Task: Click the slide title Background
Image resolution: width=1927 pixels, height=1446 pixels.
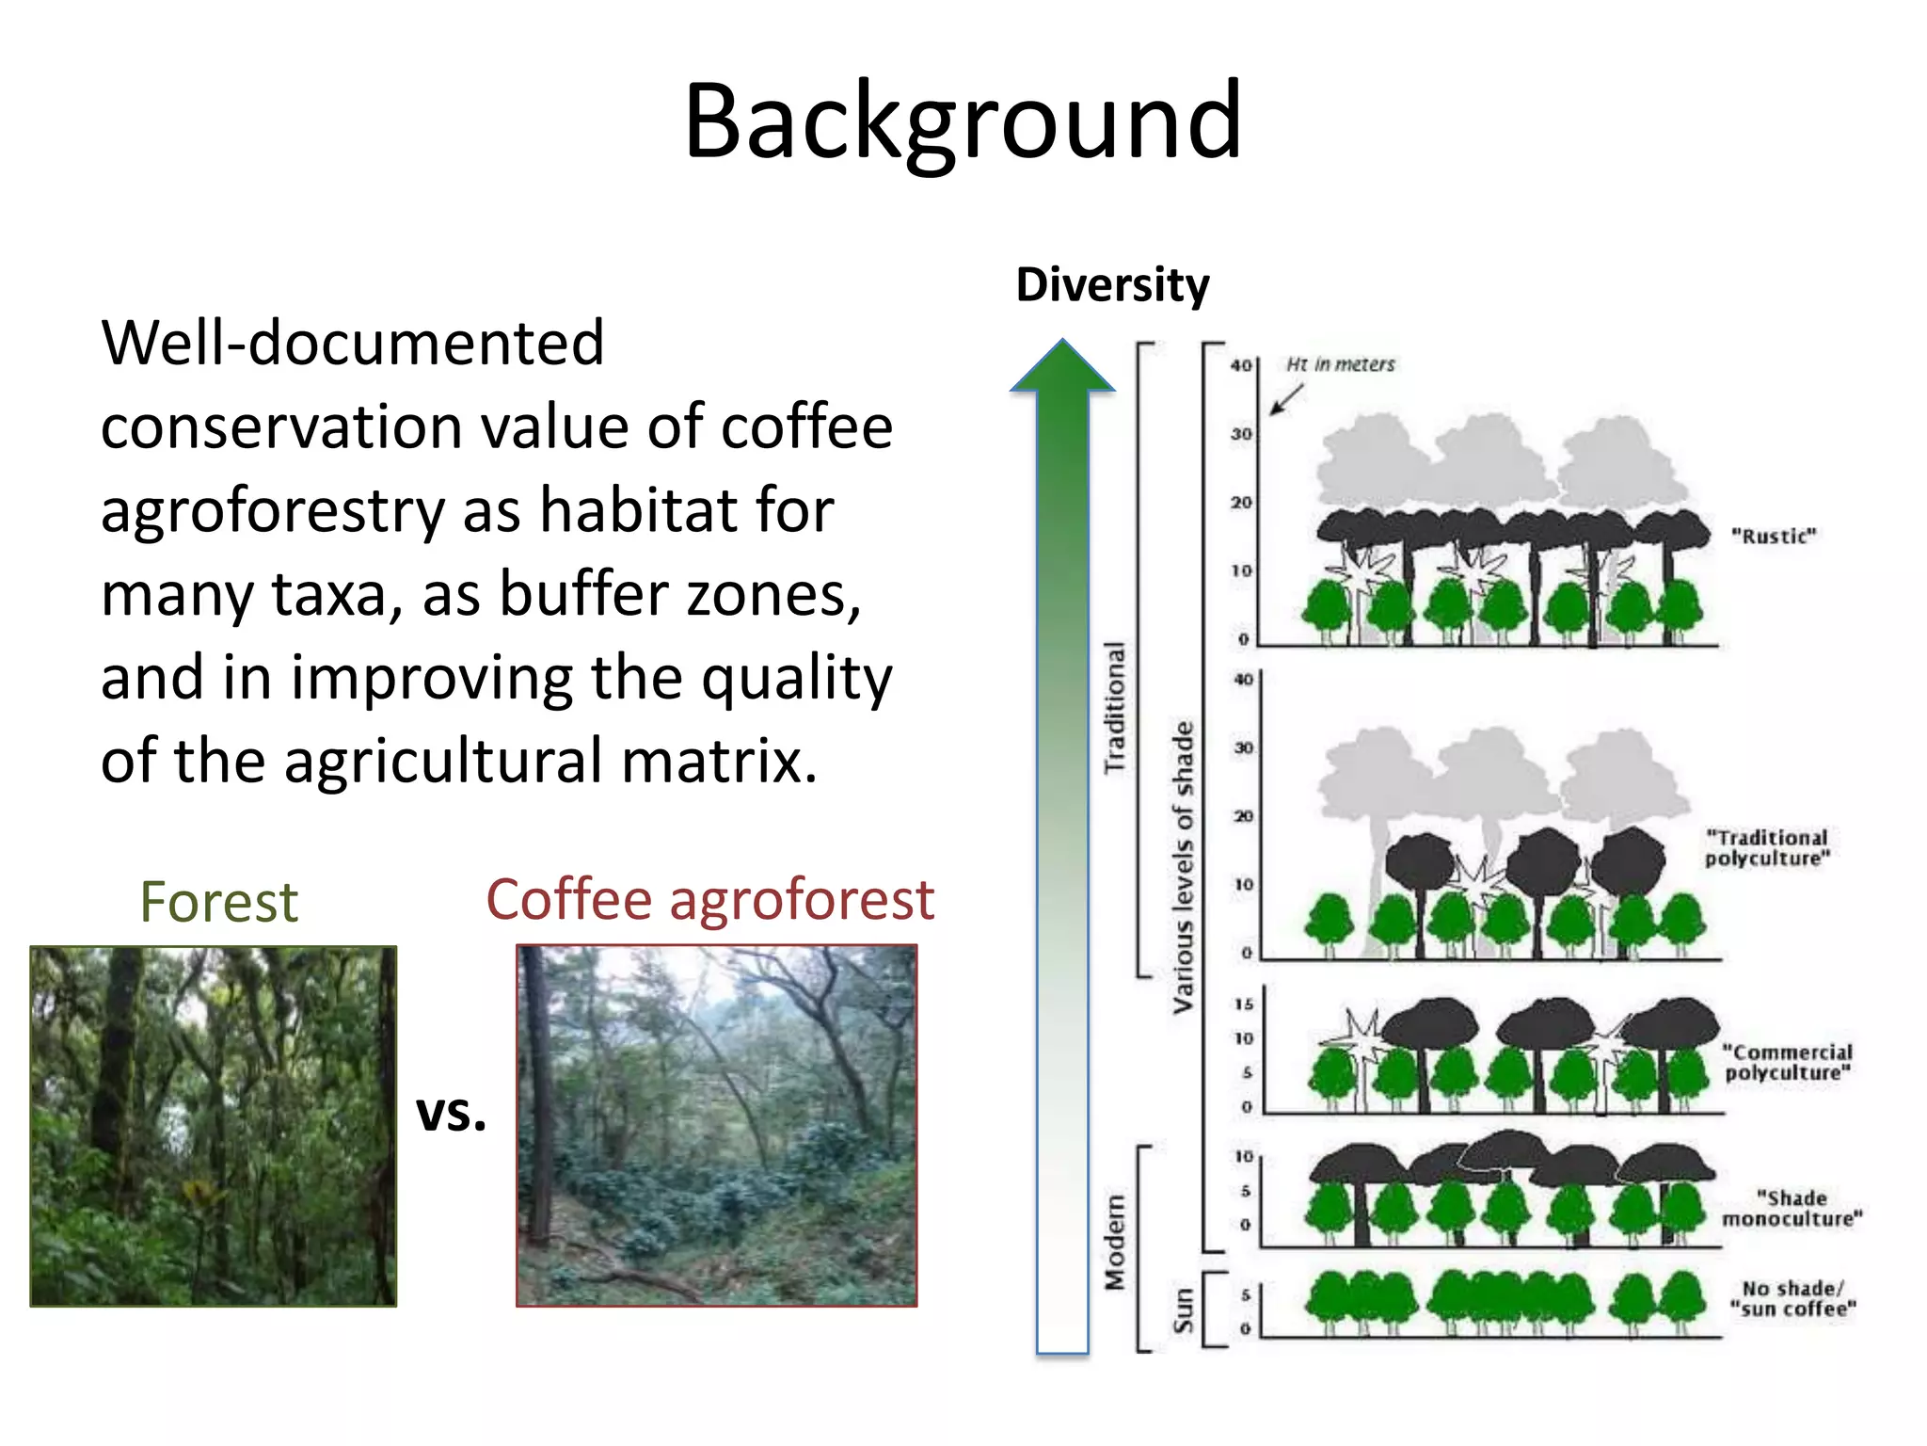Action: [963, 122]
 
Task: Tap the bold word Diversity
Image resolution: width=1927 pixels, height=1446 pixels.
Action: [1112, 285]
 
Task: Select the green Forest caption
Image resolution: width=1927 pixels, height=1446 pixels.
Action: [218, 902]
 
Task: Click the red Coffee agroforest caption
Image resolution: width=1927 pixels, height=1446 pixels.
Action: [710, 899]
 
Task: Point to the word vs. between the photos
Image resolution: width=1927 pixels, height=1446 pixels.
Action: [452, 1113]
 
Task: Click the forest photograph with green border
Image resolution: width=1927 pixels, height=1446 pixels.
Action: [214, 1126]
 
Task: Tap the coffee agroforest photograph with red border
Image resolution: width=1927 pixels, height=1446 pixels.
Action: [716, 1126]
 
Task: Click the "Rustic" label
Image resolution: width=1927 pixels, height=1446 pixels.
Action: [1774, 537]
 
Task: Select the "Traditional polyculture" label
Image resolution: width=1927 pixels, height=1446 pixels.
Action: [1767, 848]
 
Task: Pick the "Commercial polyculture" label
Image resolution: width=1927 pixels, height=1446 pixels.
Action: [1787, 1063]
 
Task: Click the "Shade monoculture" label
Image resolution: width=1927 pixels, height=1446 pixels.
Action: [1792, 1209]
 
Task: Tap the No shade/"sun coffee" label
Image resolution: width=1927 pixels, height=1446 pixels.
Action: [1792, 1299]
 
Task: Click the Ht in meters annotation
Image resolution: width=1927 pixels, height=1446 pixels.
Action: [1340, 364]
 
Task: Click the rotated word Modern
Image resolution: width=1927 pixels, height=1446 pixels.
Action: [1115, 1243]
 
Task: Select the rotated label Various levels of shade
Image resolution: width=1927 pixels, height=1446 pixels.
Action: [1183, 866]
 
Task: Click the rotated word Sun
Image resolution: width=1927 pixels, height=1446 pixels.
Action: [1184, 1310]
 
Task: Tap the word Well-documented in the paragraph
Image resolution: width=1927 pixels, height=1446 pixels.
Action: [353, 343]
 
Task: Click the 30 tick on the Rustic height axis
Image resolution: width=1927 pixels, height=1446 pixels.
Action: [1242, 434]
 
